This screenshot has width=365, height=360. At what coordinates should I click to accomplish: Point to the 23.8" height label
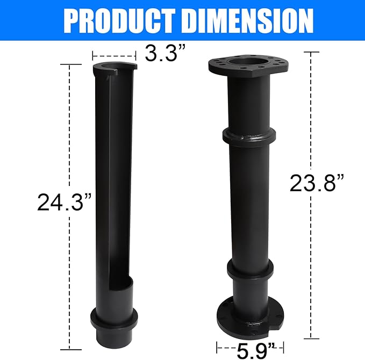pyautogui.click(x=317, y=183)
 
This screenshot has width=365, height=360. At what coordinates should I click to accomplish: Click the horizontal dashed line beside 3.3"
pyautogui.click(x=113, y=55)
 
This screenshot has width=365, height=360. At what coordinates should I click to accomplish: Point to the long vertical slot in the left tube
pyautogui.click(x=108, y=177)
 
